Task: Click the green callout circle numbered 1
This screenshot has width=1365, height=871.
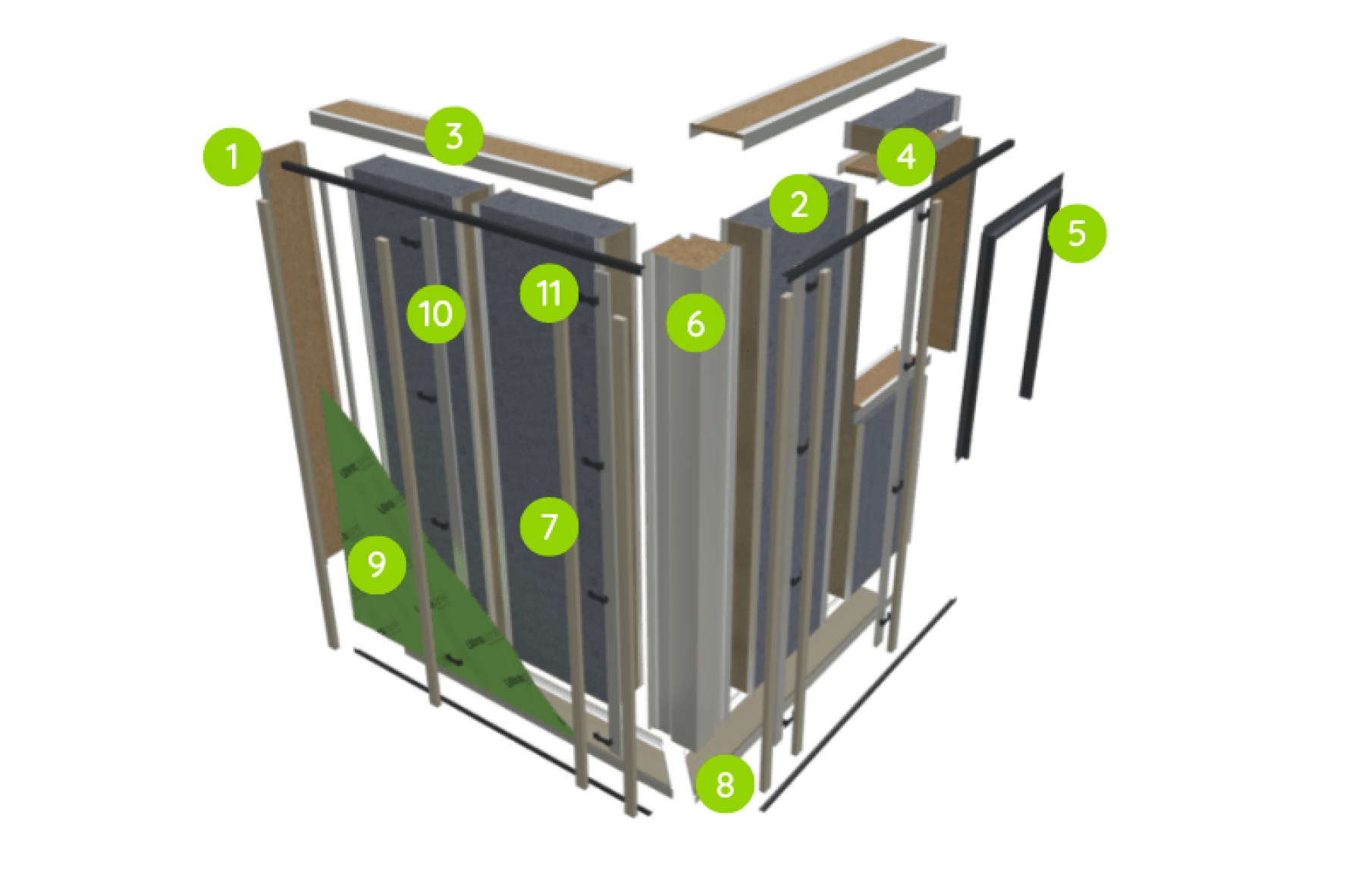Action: tap(232, 157)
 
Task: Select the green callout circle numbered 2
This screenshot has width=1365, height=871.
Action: tap(799, 203)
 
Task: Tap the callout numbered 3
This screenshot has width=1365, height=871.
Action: tap(453, 137)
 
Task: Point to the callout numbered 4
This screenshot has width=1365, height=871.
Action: tap(905, 157)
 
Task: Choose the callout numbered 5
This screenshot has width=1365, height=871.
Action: tap(1077, 233)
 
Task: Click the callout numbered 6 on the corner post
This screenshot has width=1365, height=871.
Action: tap(695, 323)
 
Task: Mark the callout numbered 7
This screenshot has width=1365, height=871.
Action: tap(549, 526)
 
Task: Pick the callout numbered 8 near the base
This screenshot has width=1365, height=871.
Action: tap(725, 784)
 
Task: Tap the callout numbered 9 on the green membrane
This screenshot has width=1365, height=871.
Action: tap(376, 564)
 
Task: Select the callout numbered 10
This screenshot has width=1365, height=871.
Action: tap(435, 313)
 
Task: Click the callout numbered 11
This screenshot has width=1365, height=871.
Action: tap(548, 293)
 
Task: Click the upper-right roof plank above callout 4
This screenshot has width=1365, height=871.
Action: tap(819, 91)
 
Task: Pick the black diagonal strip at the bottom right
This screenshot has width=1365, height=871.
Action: tap(857, 706)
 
